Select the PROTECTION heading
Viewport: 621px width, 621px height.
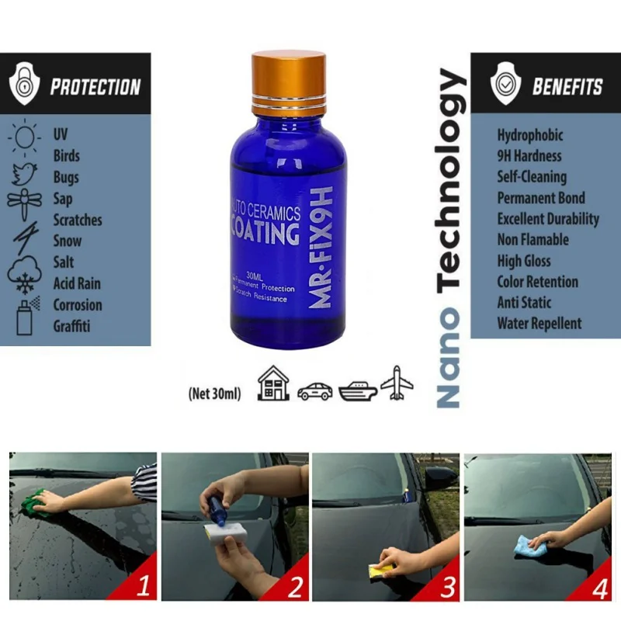tap(95, 86)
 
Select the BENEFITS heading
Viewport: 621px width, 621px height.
tap(567, 86)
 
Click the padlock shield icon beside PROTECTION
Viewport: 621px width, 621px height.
tap(24, 86)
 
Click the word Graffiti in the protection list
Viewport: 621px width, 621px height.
tap(71, 326)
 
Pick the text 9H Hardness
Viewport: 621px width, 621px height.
tap(529, 155)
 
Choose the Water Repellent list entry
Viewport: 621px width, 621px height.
tap(539, 323)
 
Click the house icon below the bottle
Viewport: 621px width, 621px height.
tap(273, 383)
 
